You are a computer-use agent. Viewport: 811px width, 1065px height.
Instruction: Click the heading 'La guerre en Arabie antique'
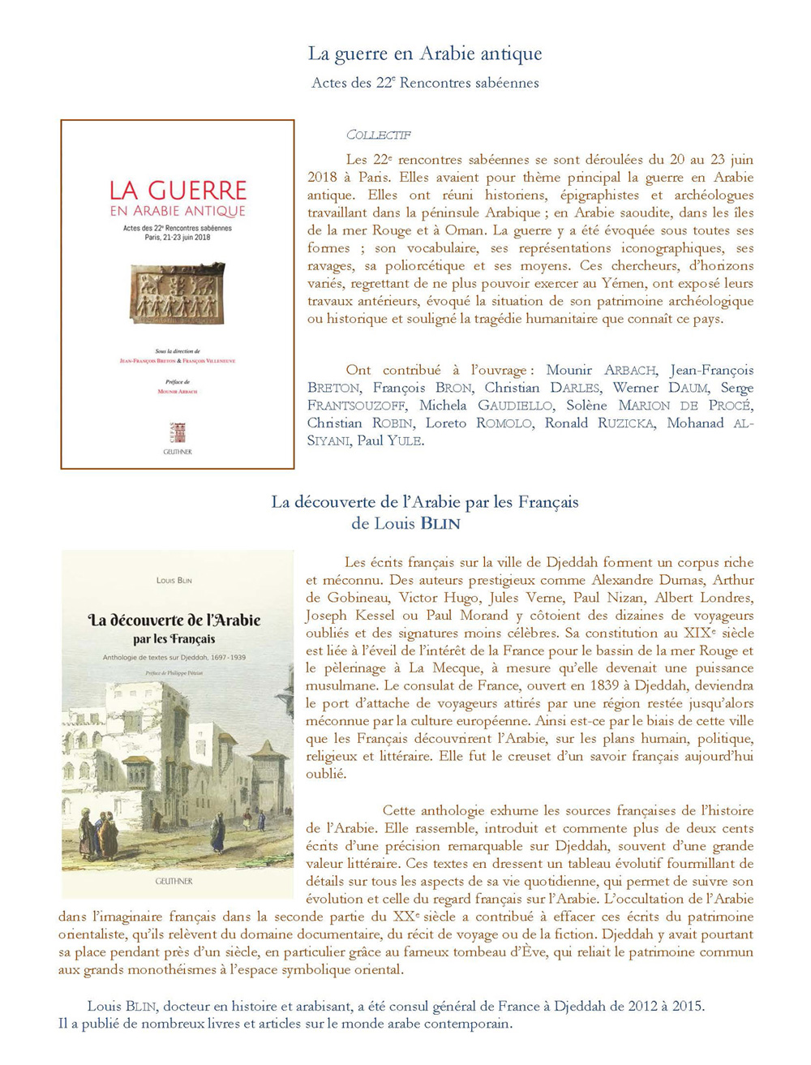[425, 54]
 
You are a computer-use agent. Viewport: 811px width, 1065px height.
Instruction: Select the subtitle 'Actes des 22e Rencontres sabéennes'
[425, 83]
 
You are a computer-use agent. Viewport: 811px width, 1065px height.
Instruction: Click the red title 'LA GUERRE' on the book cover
[178, 191]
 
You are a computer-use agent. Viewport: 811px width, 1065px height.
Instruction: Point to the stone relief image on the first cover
[177, 292]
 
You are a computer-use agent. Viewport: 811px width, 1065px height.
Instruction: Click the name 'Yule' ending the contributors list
[405, 441]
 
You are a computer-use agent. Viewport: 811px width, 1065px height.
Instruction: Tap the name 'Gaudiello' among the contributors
[515, 406]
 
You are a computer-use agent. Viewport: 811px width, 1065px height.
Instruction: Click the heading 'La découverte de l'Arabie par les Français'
[425, 502]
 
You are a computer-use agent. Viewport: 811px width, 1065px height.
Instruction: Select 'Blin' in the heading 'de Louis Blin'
[439, 524]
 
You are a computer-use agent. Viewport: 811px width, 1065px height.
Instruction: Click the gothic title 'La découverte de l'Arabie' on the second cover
[174, 621]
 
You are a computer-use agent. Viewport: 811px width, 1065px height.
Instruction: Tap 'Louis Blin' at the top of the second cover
[174, 580]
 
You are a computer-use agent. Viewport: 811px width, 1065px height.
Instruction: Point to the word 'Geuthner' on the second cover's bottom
[174, 881]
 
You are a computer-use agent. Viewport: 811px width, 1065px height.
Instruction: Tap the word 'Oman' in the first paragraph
[464, 230]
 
